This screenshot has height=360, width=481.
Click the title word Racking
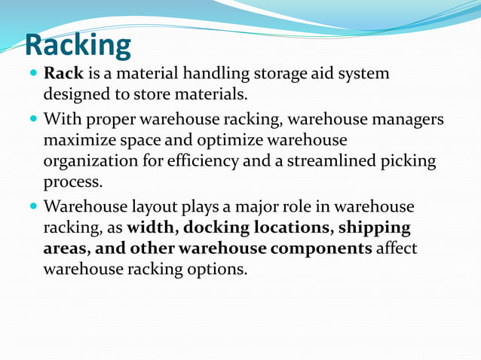[78, 45]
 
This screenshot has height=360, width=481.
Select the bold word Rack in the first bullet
[63, 75]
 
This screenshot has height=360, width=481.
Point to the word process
[73, 182]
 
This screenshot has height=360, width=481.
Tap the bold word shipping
[375, 227]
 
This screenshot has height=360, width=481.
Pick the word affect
[397, 248]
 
